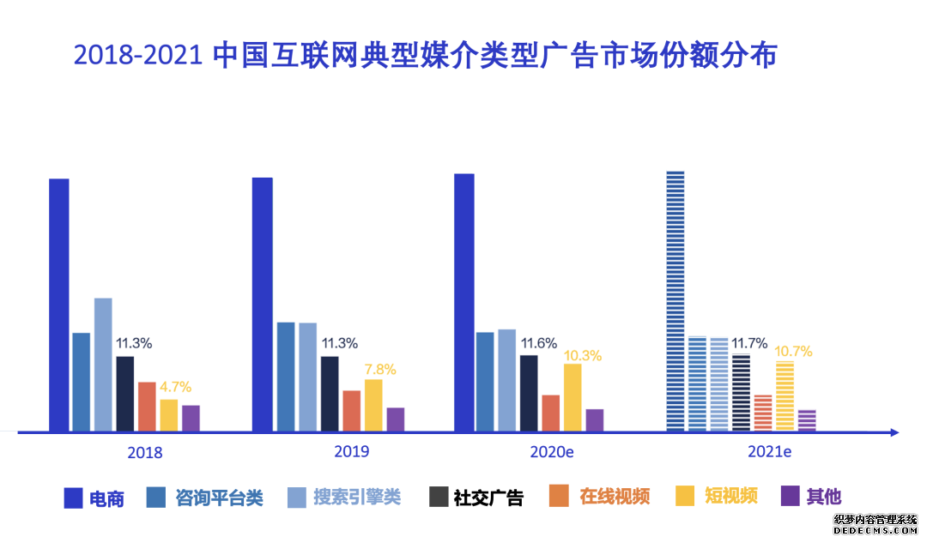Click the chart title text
coord(426,56)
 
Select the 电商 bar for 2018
coord(58,304)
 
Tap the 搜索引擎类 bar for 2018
coord(103,364)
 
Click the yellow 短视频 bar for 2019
coord(373,404)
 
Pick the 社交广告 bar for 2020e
coord(529,392)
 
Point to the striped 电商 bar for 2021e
coord(676,300)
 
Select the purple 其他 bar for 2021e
coord(807,419)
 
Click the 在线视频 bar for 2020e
coord(550,412)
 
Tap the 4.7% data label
coord(175,386)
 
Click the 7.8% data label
coord(380,370)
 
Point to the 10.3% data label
coord(583,355)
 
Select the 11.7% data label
coord(749,344)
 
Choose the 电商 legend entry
coord(94,498)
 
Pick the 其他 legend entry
coord(811,496)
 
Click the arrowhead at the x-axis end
coord(894,432)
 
